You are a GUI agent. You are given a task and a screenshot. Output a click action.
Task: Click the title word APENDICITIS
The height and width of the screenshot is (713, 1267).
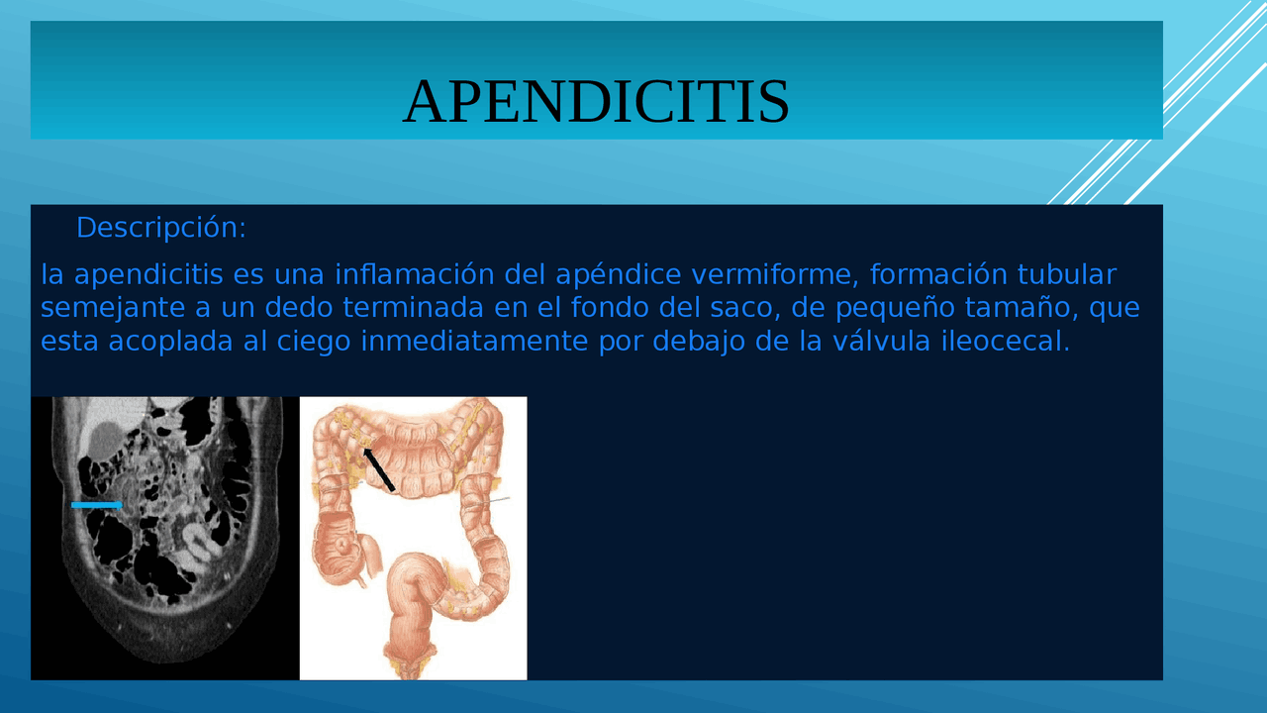point(596,101)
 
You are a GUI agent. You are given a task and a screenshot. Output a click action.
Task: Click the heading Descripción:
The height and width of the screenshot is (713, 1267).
point(160,228)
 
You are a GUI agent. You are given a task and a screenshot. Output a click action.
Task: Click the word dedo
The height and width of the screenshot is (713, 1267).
point(301,308)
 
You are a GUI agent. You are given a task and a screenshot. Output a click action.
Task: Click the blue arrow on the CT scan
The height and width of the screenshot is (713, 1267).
point(96,505)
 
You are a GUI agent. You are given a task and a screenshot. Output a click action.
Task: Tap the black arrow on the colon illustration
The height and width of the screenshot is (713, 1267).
point(378,468)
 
